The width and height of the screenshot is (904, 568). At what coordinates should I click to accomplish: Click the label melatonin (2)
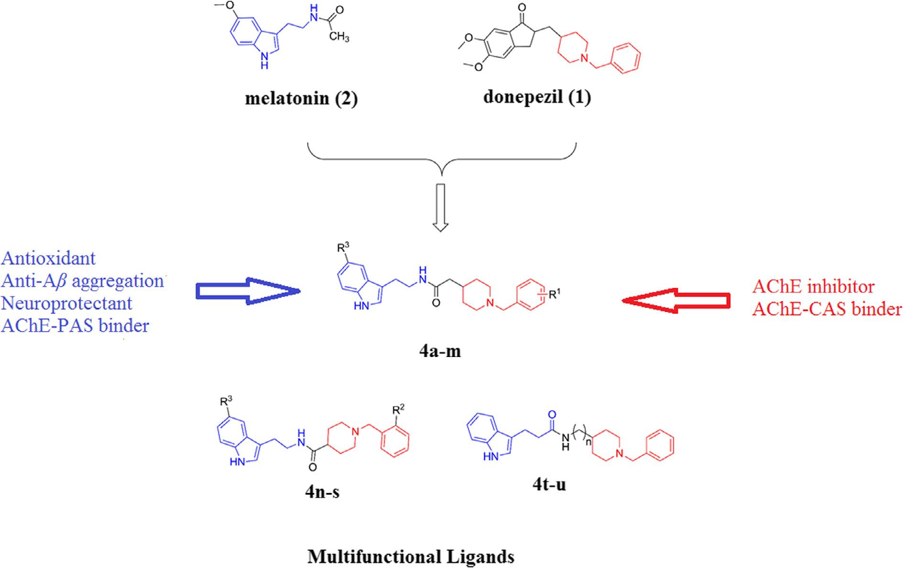click(301, 99)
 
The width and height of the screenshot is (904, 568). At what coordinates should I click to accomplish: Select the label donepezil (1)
click(537, 97)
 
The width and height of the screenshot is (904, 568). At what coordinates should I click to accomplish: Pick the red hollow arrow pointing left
click(675, 300)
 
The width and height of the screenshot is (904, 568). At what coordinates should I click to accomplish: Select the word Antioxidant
click(48, 258)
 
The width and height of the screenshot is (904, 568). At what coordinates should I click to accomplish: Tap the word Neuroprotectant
click(66, 303)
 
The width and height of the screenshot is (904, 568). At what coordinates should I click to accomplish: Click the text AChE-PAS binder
click(75, 326)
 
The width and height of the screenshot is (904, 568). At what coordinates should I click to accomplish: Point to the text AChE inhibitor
click(813, 287)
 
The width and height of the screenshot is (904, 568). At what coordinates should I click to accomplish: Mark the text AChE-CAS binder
click(827, 310)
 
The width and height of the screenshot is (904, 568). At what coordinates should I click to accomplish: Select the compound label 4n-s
click(322, 491)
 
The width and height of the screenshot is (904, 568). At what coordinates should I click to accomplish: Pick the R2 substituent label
click(398, 410)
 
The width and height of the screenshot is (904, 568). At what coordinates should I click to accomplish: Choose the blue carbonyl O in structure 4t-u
click(553, 414)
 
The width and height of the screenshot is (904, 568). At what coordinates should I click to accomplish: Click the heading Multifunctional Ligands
click(411, 557)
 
